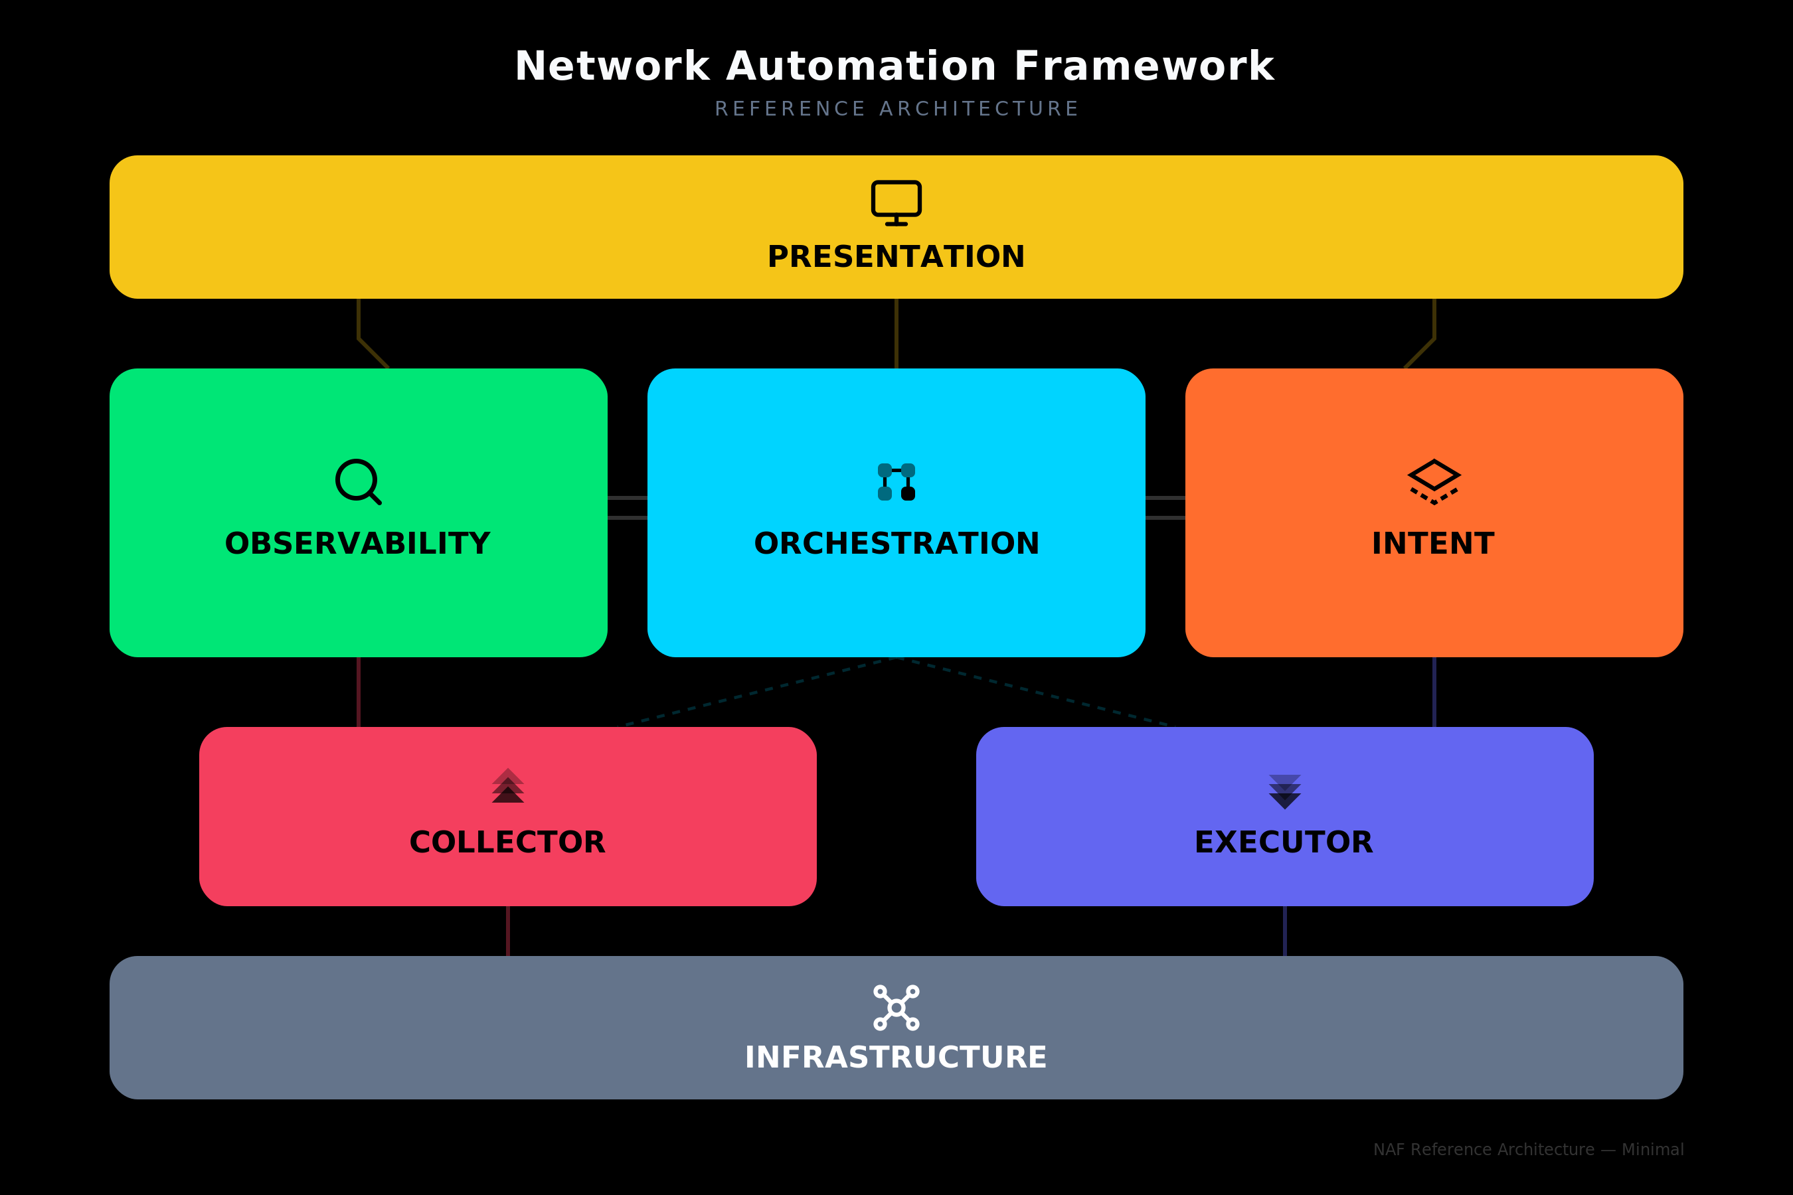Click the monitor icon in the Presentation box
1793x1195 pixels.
[x=896, y=202]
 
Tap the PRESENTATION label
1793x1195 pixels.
[x=896, y=257]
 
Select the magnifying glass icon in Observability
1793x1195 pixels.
[x=359, y=482]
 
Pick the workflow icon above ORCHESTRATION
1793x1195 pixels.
[x=896, y=482]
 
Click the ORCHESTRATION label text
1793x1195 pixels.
[x=896, y=543]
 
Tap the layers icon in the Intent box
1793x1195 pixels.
[x=1434, y=482]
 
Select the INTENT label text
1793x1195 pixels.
[x=1433, y=543]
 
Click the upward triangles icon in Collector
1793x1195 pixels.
[x=508, y=786]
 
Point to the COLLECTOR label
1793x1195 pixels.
[x=508, y=842]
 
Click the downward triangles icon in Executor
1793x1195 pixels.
[x=1284, y=792]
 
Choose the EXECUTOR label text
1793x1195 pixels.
[x=1284, y=842]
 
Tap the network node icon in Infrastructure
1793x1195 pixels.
[x=896, y=1008]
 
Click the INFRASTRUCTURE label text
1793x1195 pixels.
[x=896, y=1058]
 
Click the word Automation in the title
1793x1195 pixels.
[x=861, y=66]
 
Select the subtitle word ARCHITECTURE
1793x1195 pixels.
[x=979, y=109]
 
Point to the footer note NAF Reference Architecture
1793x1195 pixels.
[x=1528, y=1149]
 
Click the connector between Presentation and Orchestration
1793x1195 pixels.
[x=896, y=333]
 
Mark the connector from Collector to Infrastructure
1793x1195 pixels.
[x=508, y=931]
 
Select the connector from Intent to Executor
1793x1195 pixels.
[x=1434, y=692]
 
